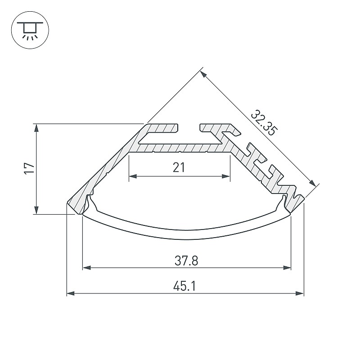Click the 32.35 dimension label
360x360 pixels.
pyautogui.click(x=264, y=123)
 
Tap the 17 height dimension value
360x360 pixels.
pyautogui.click(x=29, y=168)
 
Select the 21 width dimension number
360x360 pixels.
pyautogui.click(x=179, y=167)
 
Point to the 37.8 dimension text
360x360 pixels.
pyautogui.click(x=186, y=261)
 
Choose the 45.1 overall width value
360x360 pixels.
pyautogui.click(x=184, y=287)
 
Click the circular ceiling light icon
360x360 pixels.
pyautogui.click(x=30, y=30)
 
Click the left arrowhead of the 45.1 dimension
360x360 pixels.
pyautogui.click(x=71, y=293)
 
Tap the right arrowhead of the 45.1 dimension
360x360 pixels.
pyautogui.click(x=300, y=293)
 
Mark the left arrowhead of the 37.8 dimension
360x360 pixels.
pyautogui.click(x=86, y=268)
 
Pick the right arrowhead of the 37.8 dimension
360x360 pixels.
pyautogui.click(x=287, y=268)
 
